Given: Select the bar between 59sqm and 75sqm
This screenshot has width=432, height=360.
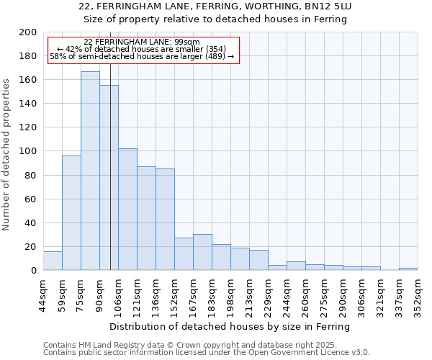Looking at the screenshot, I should coord(71,212).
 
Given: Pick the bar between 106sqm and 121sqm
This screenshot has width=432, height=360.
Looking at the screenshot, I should coord(127,209).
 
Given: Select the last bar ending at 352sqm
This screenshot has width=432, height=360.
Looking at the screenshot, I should coord(408,269).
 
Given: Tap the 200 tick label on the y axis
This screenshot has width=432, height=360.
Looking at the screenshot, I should coord(28,32).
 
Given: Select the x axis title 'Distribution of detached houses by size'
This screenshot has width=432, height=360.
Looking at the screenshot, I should coord(230,326).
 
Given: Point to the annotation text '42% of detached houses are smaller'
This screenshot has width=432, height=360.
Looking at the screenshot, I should coord(141,49).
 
